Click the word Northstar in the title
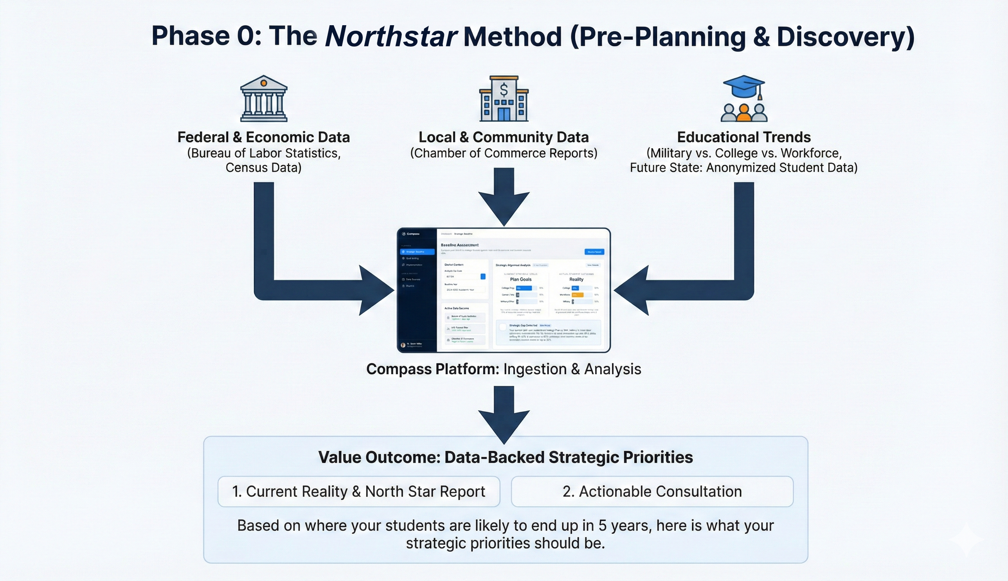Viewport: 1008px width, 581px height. click(x=391, y=36)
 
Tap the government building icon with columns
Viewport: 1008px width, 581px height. click(x=263, y=99)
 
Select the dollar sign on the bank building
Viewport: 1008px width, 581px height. click(x=504, y=90)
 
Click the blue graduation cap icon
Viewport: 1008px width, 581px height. click(x=743, y=87)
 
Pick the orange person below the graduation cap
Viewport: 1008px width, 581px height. click(x=744, y=113)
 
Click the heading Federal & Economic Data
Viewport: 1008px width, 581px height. click(x=263, y=137)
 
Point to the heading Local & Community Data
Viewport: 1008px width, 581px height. click(x=504, y=137)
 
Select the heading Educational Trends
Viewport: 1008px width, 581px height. click(x=744, y=137)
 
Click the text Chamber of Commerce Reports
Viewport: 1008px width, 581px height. click(x=504, y=153)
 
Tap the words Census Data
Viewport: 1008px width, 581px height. click(x=263, y=167)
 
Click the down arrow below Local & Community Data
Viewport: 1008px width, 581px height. click(x=504, y=197)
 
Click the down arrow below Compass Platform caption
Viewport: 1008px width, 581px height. click(x=504, y=415)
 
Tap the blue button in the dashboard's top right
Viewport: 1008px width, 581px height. click(x=594, y=252)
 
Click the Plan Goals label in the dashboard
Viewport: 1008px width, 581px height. click(x=520, y=279)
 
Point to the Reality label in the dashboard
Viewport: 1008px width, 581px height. click(x=576, y=279)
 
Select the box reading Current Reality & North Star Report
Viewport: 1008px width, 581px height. click(x=358, y=492)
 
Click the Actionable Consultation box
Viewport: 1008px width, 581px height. click(x=652, y=492)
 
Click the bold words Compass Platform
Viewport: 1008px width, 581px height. click(x=432, y=369)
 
